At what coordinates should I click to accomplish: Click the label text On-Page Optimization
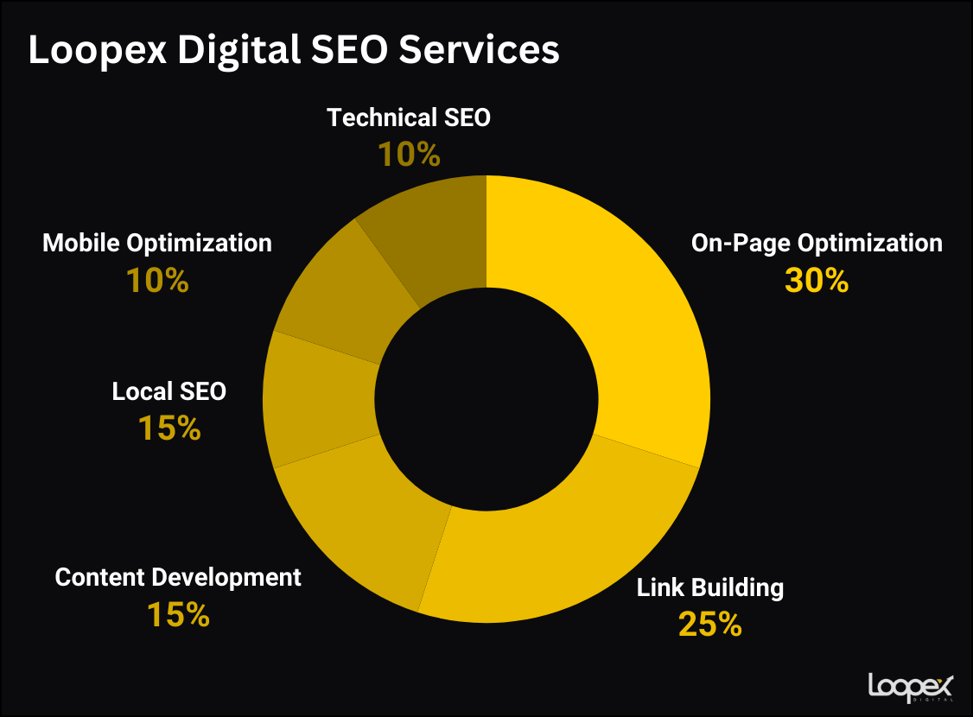(x=817, y=244)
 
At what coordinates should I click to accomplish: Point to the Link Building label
(x=710, y=588)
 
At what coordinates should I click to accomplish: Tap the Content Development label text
(x=178, y=577)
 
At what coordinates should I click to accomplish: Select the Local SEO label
(x=169, y=391)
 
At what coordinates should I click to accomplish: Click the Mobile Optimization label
(x=157, y=244)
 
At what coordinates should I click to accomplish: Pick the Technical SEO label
(x=409, y=117)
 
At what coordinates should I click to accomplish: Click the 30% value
(x=817, y=280)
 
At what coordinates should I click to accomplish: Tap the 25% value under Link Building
(x=710, y=624)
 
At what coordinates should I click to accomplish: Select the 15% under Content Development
(x=178, y=614)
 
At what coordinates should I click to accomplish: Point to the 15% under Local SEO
(x=169, y=428)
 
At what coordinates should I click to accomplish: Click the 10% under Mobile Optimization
(x=157, y=280)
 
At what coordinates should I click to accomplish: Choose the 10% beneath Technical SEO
(x=409, y=155)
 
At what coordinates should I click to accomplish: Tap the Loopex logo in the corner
(x=909, y=687)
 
